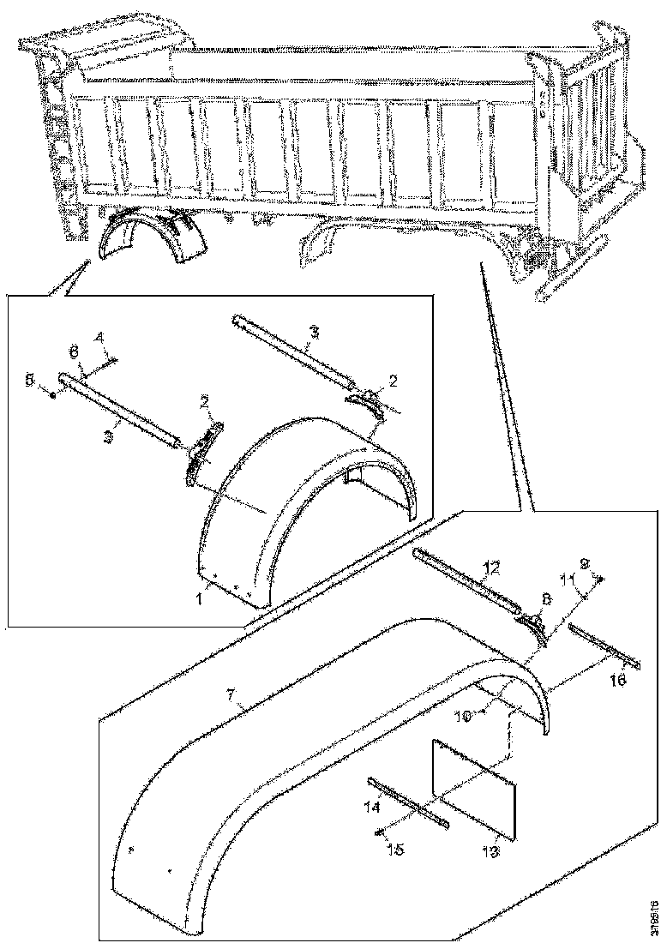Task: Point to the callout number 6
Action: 73,352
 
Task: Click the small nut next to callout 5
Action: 53,394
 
